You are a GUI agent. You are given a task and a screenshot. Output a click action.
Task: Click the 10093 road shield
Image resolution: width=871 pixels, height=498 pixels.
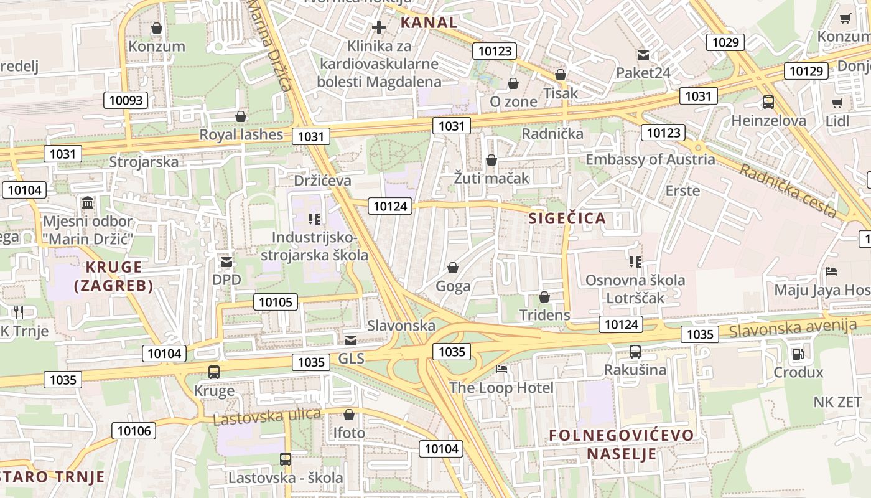coord(126,100)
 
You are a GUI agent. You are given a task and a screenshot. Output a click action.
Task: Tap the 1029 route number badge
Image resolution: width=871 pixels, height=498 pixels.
coord(725,42)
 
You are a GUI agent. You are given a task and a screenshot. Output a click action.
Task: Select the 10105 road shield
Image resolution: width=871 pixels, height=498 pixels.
coord(275,303)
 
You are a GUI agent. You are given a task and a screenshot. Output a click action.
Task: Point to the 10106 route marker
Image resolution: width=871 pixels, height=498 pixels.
coord(134,431)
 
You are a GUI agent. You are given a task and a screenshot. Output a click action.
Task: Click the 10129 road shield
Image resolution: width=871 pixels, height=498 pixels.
coord(806,71)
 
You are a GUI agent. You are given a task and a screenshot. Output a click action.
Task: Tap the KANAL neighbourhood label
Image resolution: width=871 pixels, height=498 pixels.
coord(429,23)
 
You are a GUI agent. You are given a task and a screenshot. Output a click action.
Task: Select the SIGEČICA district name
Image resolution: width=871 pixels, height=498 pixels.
coord(567,218)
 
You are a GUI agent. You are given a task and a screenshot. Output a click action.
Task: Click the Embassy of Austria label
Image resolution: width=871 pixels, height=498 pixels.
coord(650,159)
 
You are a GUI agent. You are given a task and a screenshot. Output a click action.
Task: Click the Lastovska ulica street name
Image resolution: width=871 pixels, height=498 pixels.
coord(267,416)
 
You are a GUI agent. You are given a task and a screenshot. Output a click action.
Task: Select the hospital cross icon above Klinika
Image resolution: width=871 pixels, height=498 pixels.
coord(379,27)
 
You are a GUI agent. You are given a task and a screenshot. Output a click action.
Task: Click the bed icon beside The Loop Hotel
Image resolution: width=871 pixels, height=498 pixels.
coord(501,369)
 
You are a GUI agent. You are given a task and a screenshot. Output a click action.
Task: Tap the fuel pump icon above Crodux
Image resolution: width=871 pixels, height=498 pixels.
coord(798,354)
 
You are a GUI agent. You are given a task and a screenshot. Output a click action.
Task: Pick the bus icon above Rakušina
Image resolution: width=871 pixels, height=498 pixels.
coord(635,352)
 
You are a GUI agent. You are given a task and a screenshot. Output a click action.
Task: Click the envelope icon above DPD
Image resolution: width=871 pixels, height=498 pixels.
coord(226,262)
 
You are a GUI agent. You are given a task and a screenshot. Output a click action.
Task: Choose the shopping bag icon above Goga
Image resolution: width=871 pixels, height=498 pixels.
coord(452,268)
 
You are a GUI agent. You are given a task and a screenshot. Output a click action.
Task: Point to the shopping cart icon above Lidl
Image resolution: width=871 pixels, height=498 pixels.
coord(837,103)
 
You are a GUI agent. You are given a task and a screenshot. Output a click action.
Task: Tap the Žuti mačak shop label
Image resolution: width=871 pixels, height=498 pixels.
coord(491,178)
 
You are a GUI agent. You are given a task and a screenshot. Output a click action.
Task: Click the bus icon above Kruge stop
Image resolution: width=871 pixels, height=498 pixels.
coord(214,372)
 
